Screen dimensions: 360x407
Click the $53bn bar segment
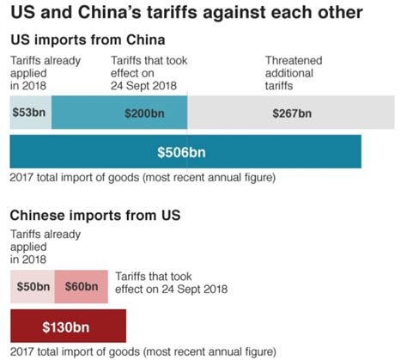(30, 113)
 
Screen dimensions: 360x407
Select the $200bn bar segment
(119, 113)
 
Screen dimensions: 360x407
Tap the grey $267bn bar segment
(293, 113)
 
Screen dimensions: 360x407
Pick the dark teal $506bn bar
(185, 152)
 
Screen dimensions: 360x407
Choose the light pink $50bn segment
(32, 286)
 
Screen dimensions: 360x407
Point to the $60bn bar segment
(81, 286)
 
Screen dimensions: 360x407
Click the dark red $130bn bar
(68, 326)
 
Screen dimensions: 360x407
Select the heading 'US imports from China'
(88, 40)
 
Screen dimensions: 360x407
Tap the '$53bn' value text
(30, 113)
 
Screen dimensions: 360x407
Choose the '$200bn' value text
(145, 113)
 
